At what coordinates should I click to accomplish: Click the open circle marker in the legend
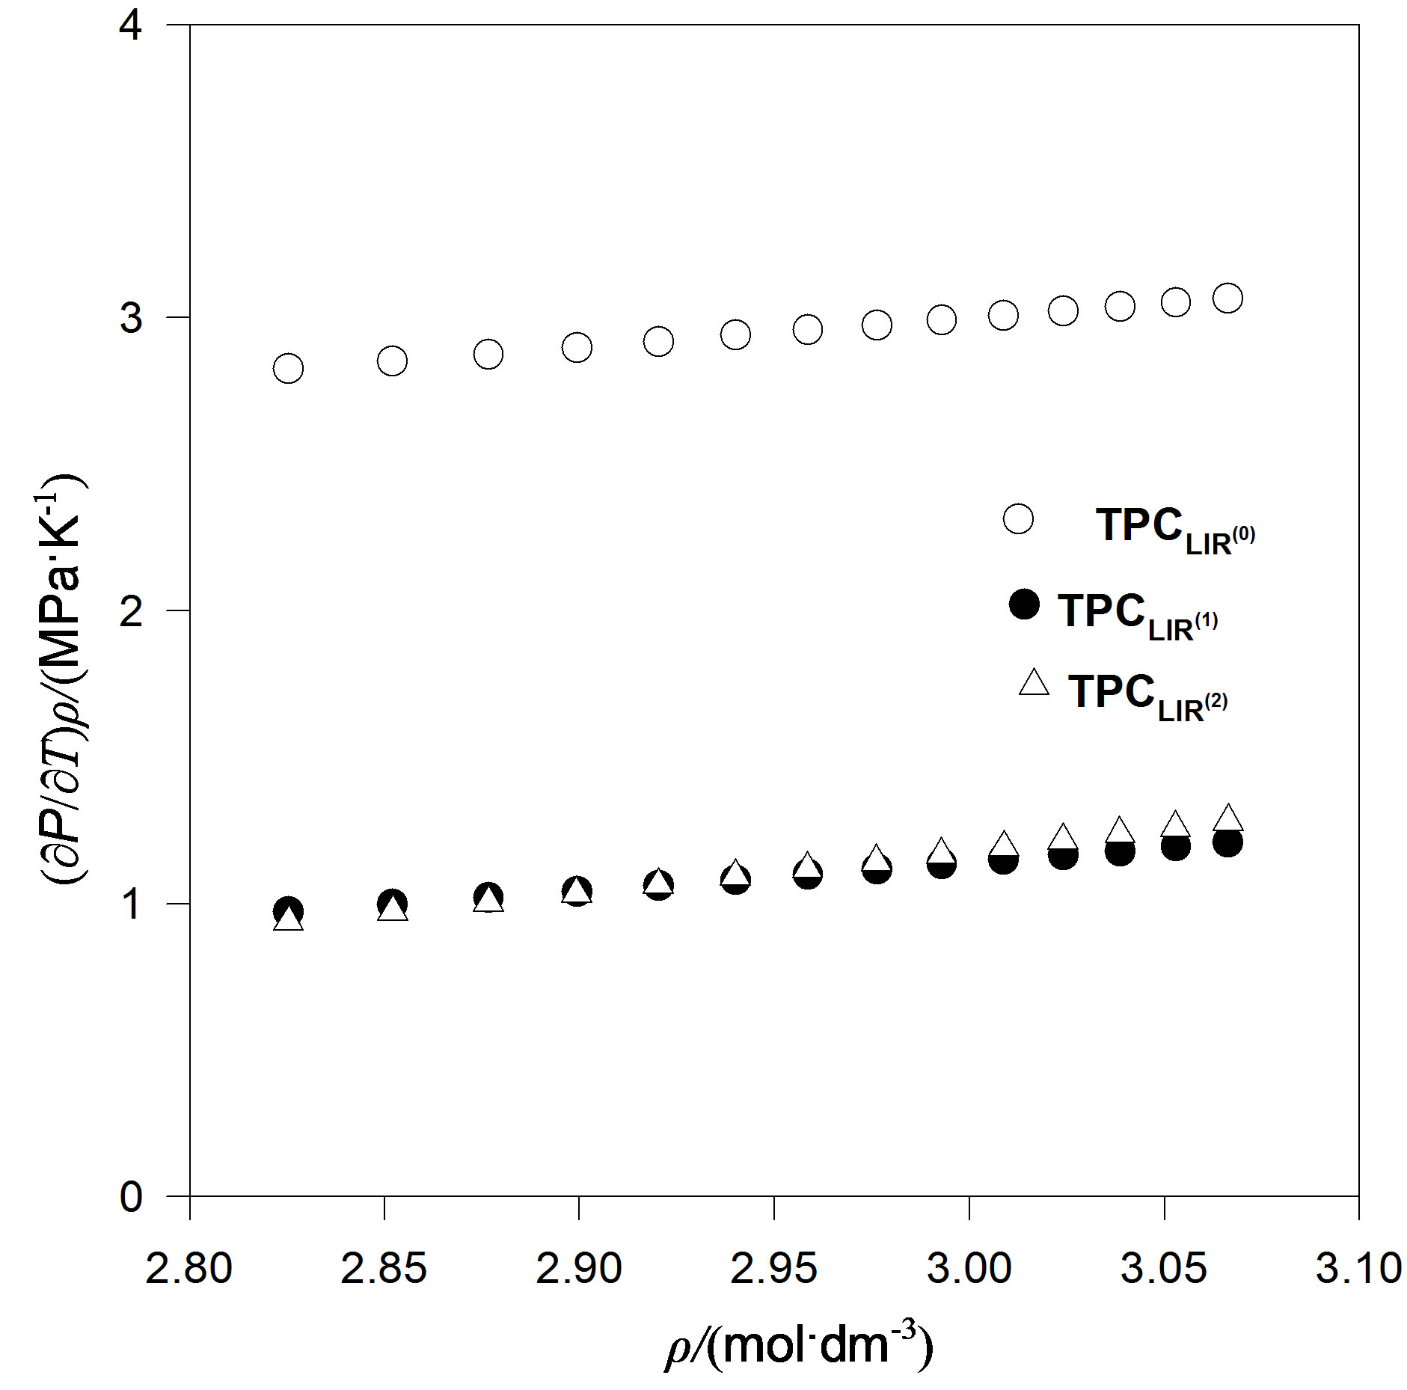(x=1018, y=518)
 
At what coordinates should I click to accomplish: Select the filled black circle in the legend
(x=1023, y=604)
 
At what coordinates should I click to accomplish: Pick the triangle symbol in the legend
(x=1034, y=683)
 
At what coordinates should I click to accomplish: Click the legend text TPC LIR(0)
(x=1174, y=530)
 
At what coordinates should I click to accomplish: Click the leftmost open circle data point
(x=288, y=368)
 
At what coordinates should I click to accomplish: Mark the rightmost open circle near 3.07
(x=1227, y=298)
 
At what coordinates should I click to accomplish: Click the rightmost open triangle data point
(x=1227, y=818)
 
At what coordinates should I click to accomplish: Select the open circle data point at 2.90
(x=577, y=347)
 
